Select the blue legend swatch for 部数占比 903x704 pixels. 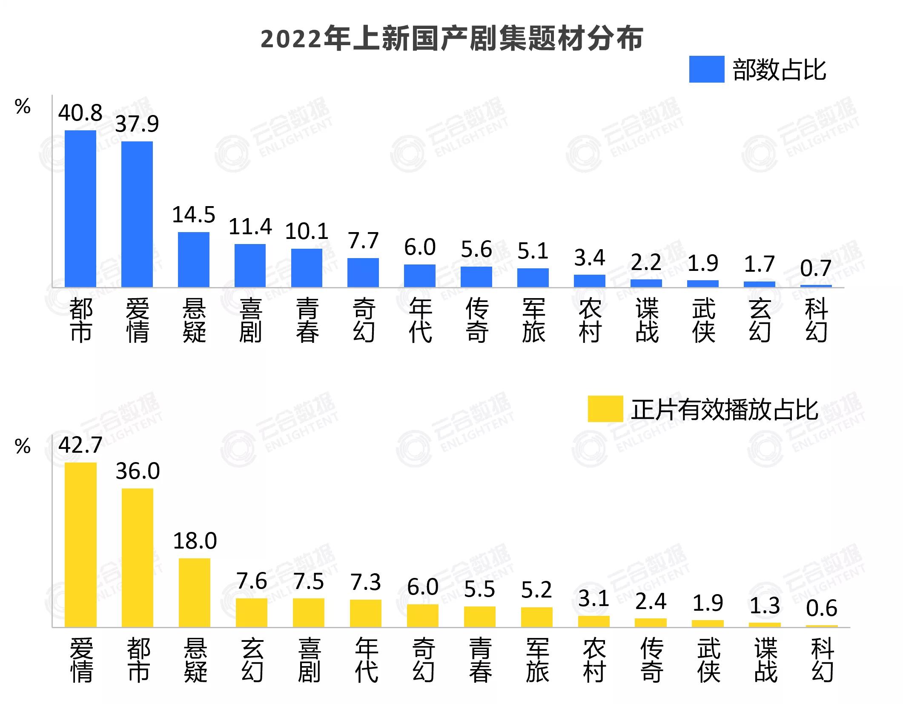point(706,69)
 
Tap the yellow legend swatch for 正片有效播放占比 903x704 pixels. point(605,409)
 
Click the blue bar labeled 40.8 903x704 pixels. point(80,209)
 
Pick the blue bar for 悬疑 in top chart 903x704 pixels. point(193,259)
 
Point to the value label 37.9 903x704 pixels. point(137,124)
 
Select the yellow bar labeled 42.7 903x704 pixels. point(80,545)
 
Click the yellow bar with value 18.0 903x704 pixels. point(195,592)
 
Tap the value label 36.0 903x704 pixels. point(138,471)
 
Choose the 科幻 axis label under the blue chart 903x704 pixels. point(816,320)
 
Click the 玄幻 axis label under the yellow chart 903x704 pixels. point(252,660)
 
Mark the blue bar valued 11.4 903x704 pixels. point(250,265)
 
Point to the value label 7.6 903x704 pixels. point(252,581)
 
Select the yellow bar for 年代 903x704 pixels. point(366,613)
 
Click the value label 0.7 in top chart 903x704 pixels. point(815,268)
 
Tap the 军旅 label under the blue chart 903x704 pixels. point(533,320)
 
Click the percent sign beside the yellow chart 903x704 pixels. point(23,446)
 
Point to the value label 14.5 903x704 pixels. point(193,215)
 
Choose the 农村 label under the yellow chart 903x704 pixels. point(594,660)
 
